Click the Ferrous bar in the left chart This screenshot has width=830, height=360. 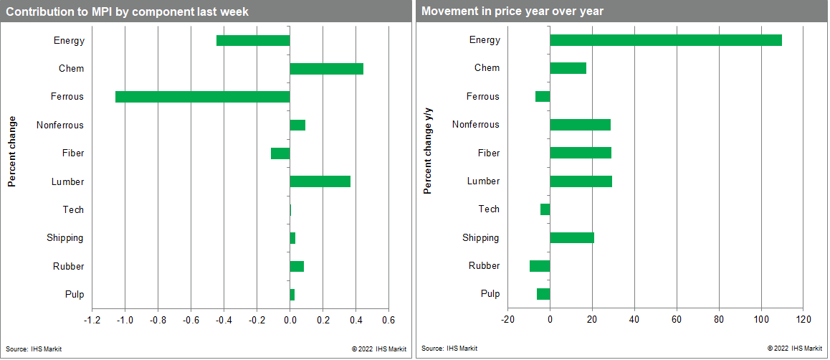tap(202, 97)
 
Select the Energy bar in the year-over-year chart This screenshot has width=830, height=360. tap(665, 40)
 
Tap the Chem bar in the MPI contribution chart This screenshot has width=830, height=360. tap(326, 69)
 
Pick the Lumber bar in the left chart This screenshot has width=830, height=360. tap(320, 181)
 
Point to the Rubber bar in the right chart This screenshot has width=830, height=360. tap(540, 266)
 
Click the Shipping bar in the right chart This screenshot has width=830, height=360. tap(571, 238)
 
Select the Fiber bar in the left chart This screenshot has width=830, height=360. tap(280, 153)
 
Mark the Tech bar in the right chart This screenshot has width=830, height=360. tap(545, 209)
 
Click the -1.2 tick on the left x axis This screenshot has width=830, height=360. tap(92, 320)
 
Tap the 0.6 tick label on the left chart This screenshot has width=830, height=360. tap(388, 320)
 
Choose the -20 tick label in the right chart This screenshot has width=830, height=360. tap(507, 320)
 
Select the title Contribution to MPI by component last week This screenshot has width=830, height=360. tap(128, 11)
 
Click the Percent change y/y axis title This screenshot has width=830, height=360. tap(428, 150)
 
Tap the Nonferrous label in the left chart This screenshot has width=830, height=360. tap(60, 125)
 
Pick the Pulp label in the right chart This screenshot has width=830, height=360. tap(490, 294)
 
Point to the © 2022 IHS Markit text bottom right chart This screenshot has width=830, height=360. tap(794, 349)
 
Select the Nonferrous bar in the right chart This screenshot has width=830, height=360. tap(580, 125)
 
